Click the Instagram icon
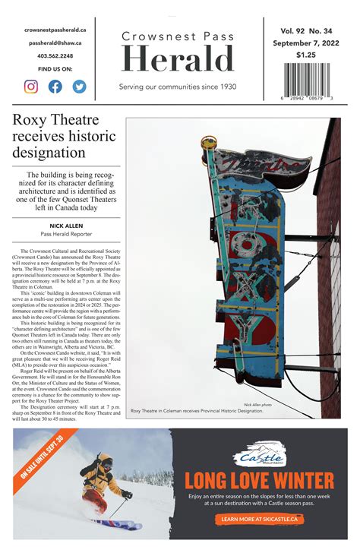(x=31, y=86)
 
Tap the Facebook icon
(x=55, y=86)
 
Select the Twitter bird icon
(x=79, y=86)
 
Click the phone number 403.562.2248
(x=55, y=56)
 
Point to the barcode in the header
(x=307, y=80)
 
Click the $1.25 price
(x=306, y=55)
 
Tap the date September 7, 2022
(x=306, y=43)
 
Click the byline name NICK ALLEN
(x=65, y=226)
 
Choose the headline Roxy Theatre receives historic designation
(x=64, y=137)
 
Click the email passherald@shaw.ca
(x=55, y=43)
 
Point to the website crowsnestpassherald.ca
(x=55, y=30)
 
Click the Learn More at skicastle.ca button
(x=261, y=520)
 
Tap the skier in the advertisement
(x=102, y=486)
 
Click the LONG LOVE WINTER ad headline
(x=260, y=481)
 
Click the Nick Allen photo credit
(x=257, y=405)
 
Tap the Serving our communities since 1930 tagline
(x=178, y=87)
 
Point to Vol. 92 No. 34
(x=306, y=31)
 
